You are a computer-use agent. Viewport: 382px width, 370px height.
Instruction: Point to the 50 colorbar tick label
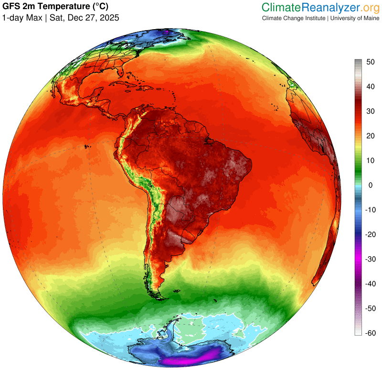370,62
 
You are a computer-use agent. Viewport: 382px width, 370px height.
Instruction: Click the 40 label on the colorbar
370,87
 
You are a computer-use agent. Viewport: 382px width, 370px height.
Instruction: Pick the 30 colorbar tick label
370,111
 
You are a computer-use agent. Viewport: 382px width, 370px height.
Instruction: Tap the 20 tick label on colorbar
370,136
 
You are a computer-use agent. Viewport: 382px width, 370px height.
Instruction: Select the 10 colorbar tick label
370,161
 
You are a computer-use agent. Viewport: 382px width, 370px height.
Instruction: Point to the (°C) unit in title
97,7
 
